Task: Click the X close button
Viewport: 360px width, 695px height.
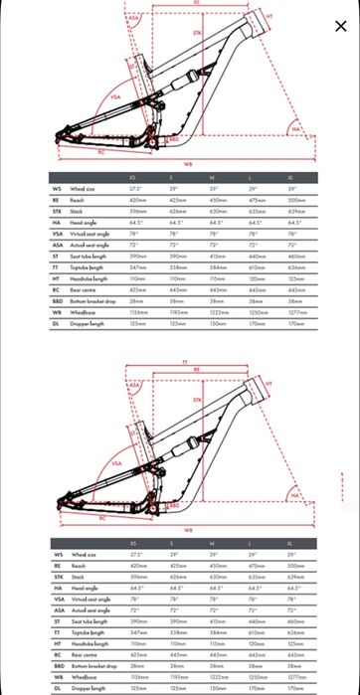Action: click(341, 26)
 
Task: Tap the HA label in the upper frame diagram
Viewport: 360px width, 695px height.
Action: click(294, 129)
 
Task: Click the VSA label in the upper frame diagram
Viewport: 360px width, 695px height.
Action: click(115, 96)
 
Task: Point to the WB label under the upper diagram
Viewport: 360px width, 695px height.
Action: click(188, 164)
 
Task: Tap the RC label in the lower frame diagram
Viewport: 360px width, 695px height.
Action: click(101, 517)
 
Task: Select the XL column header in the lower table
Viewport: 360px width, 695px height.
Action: click(292, 542)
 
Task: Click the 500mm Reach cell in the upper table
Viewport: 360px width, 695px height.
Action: click(296, 199)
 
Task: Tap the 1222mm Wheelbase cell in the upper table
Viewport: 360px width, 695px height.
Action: click(217, 312)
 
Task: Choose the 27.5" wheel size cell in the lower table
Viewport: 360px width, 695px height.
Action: click(135, 554)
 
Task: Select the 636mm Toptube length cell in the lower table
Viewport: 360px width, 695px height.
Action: click(296, 632)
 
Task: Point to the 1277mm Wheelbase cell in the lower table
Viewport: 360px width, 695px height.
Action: click(297, 677)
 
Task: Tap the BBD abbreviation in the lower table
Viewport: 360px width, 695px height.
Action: click(58, 666)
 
